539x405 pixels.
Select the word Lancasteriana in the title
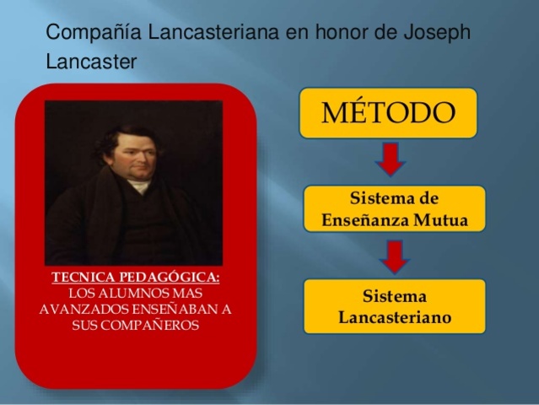(x=209, y=34)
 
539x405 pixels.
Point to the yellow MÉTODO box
(x=388, y=112)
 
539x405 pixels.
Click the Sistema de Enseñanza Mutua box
(x=394, y=210)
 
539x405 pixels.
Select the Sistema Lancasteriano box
(x=394, y=307)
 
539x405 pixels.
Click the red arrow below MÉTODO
(x=390, y=158)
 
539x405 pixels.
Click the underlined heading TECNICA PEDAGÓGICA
(x=135, y=278)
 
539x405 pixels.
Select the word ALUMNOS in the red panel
(x=125, y=293)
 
